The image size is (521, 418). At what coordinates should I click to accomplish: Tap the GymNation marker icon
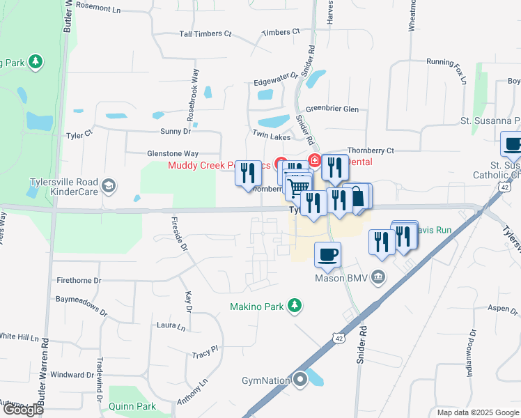pyautogui.click(x=301, y=380)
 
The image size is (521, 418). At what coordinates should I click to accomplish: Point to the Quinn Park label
pyautogui.click(x=132, y=406)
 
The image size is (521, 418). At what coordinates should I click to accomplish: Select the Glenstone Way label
pyautogui.click(x=173, y=153)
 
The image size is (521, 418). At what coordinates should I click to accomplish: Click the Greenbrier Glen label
pyautogui.click(x=332, y=109)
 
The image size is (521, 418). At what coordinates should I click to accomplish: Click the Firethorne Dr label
pyautogui.click(x=79, y=280)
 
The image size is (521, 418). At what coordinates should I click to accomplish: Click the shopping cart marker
pyautogui.click(x=299, y=187)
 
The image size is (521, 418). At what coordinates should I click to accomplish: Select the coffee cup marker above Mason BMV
pyautogui.click(x=327, y=254)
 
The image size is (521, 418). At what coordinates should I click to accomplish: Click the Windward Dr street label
pyautogui.click(x=72, y=375)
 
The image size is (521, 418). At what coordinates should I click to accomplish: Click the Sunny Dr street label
pyautogui.click(x=176, y=130)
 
